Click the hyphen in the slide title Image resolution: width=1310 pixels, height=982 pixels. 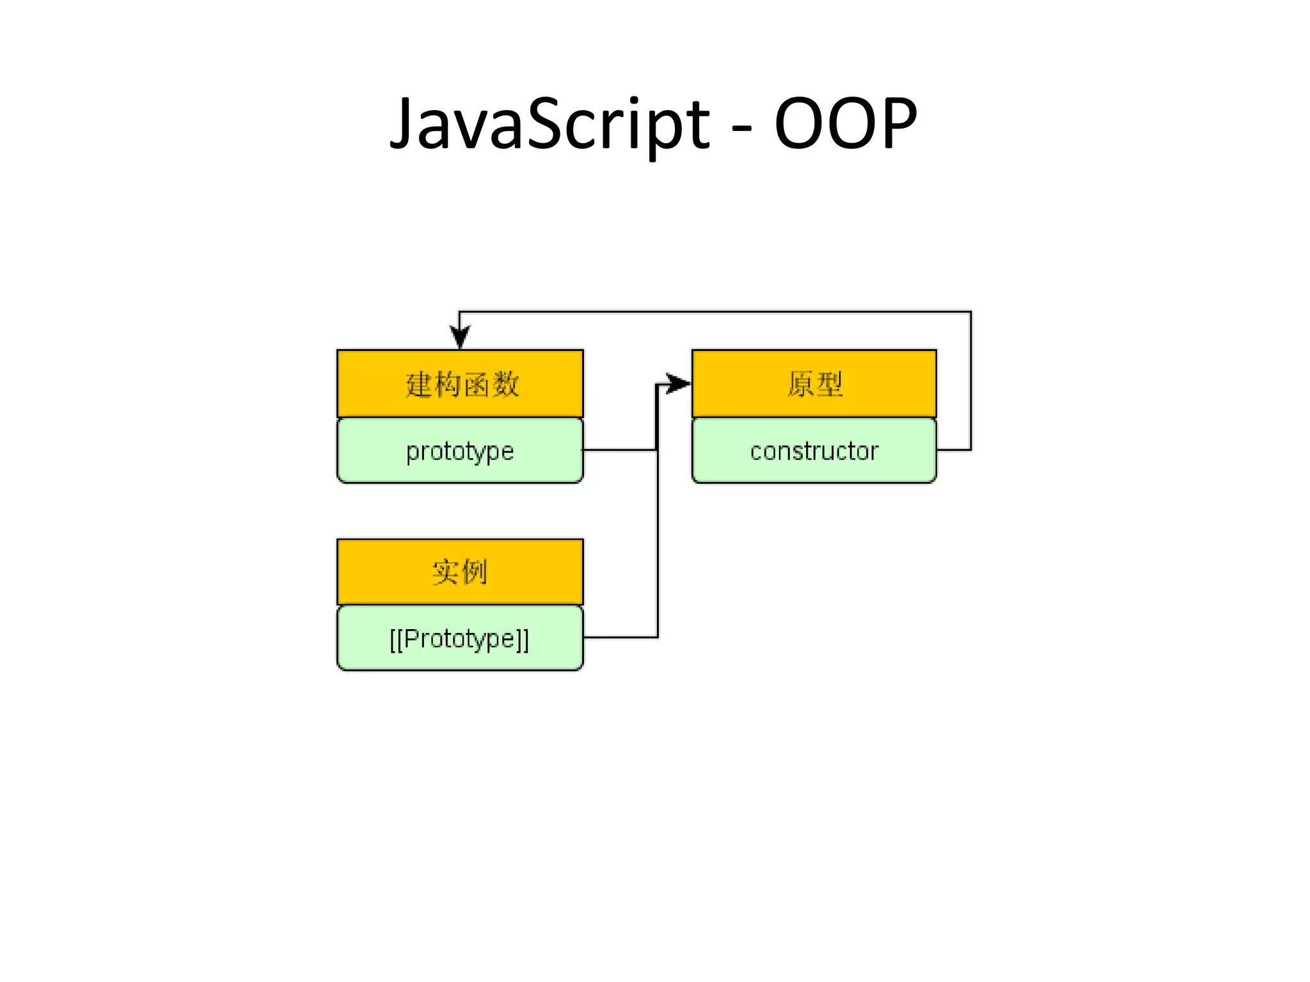tap(741, 127)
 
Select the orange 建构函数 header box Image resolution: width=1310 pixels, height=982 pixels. tap(358, 384)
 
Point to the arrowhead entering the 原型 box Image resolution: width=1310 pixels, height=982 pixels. tap(678, 384)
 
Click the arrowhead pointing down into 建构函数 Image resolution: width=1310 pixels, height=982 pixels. tap(460, 336)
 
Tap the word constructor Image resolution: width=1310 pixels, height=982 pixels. tap(814, 451)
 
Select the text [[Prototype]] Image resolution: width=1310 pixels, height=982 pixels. tap(460, 639)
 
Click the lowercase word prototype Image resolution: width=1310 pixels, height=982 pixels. tap(460, 451)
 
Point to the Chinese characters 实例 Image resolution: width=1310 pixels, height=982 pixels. tap(460, 571)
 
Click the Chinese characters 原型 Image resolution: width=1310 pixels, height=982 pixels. tap(814, 384)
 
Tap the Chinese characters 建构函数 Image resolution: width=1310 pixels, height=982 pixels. tap(461, 384)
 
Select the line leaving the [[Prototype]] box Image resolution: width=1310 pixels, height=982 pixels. tap(620, 637)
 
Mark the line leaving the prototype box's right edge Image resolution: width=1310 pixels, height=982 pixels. tap(619, 450)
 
